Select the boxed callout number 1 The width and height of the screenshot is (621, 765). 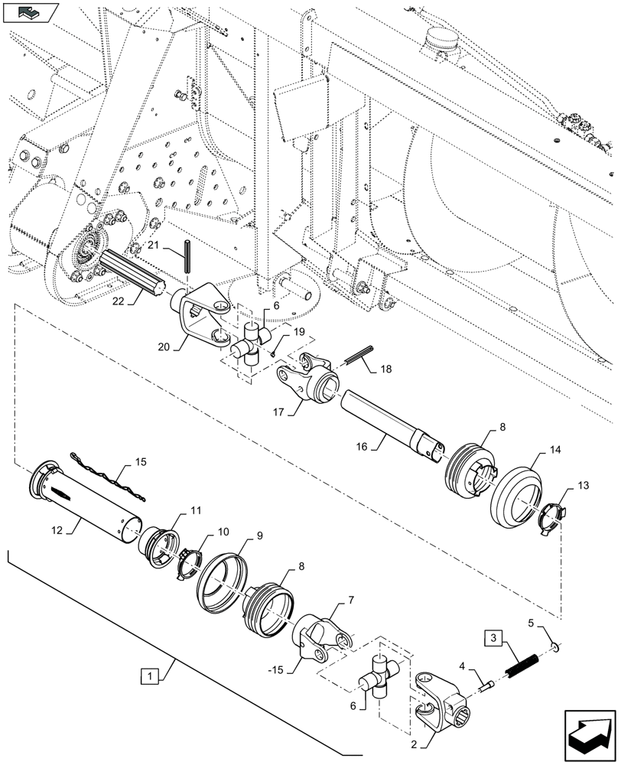[x=151, y=676]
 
